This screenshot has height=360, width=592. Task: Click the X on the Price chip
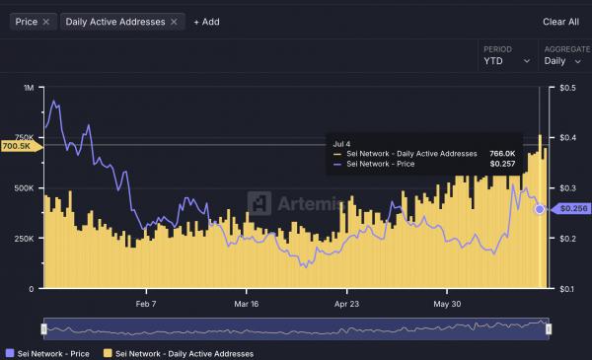[x=46, y=21]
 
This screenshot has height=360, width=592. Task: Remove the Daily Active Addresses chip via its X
[x=174, y=21]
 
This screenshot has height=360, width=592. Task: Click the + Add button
[x=206, y=21]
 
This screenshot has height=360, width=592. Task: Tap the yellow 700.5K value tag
[x=19, y=145]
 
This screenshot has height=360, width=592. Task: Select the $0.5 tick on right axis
[x=568, y=88]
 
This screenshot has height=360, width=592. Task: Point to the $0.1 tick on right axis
[x=568, y=289]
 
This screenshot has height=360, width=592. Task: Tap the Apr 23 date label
[x=348, y=304]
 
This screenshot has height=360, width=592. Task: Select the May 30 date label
[x=449, y=304]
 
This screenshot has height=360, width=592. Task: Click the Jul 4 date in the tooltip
[x=341, y=143]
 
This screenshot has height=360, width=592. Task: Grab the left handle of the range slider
[x=43, y=327]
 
